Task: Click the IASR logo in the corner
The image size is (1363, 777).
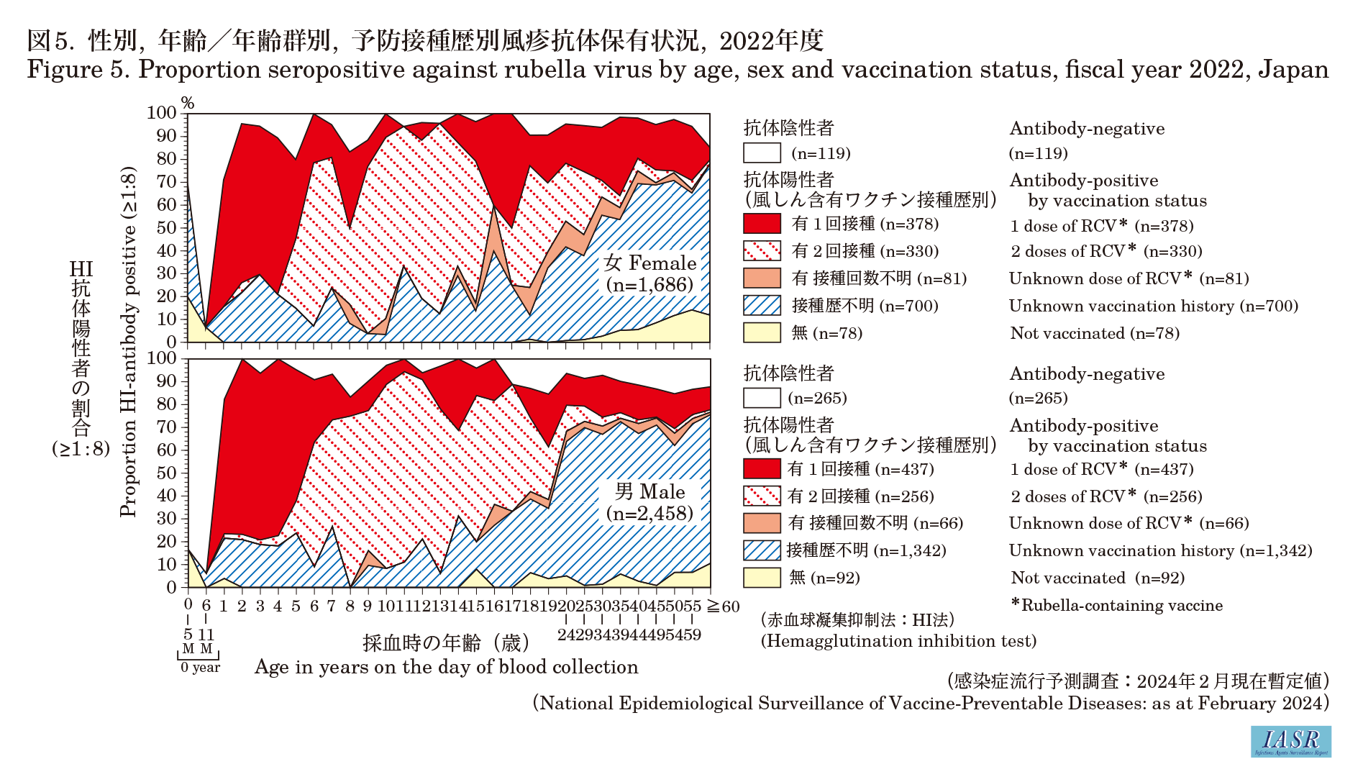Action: (x=1290, y=741)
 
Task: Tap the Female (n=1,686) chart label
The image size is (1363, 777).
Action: (x=649, y=273)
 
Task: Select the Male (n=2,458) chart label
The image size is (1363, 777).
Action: (x=649, y=502)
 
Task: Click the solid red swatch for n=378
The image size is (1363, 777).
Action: (x=762, y=224)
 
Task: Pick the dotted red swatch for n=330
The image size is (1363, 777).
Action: (x=762, y=251)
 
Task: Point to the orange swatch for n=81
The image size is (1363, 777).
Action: (x=762, y=278)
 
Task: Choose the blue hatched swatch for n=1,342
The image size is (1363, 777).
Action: (x=762, y=550)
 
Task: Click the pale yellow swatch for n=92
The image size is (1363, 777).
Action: (x=762, y=578)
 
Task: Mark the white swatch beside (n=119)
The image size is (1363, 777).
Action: (x=762, y=153)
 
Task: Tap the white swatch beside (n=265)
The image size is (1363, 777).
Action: (x=762, y=398)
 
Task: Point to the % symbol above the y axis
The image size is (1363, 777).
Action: (x=188, y=104)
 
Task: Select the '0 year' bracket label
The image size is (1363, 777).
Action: (x=200, y=668)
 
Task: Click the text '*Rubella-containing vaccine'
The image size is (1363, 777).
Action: (x=1117, y=605)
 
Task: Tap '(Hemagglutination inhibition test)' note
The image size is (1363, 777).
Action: (x=898, y=641)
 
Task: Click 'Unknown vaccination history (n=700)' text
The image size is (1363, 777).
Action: (x=1153, y=306)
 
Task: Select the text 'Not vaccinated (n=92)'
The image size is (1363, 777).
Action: (x=1098, y=578)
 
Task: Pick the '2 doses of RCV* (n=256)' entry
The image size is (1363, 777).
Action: (x=1106, y=496)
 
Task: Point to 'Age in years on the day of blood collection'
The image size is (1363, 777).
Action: (x=446, y=667)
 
